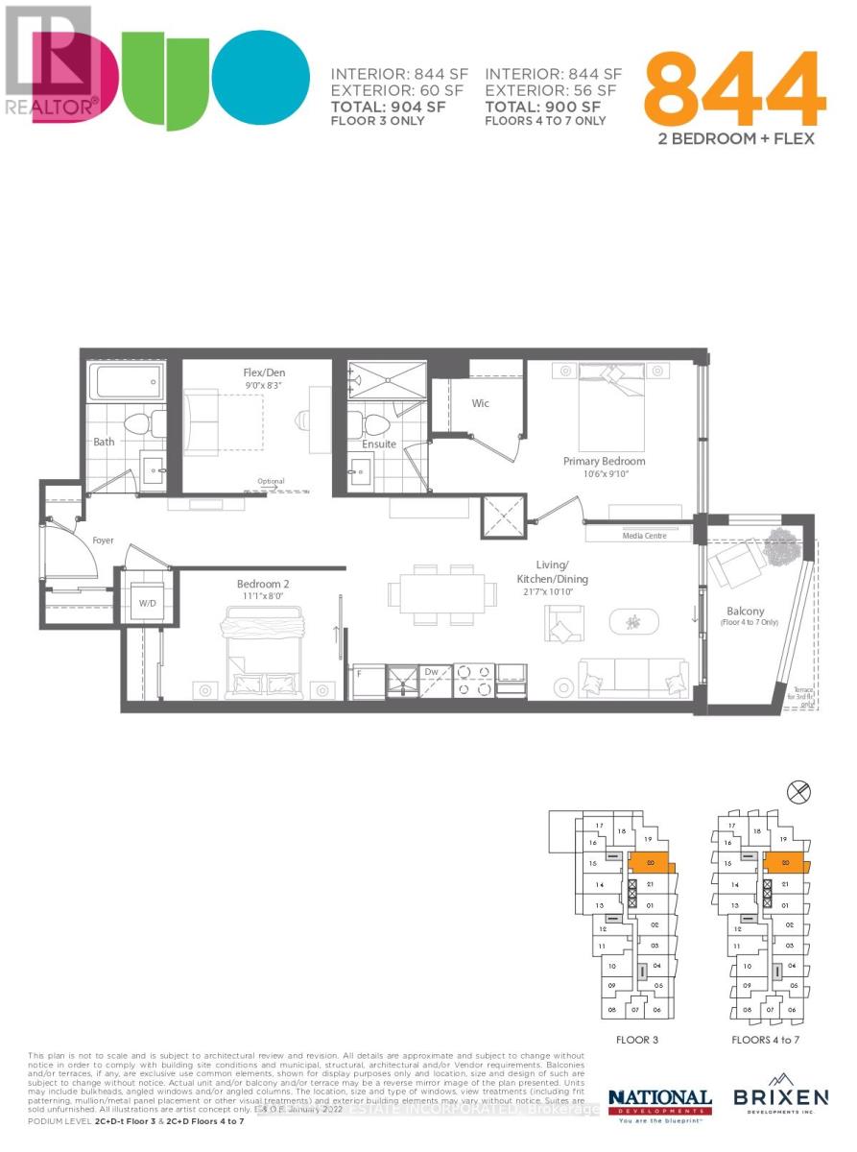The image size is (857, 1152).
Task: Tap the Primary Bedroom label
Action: pyautogui.click(x=604, y=461)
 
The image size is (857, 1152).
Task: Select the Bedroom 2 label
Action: pyautogui.click(x=262, y=584)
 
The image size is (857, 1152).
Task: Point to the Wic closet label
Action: pyautogui.click(x=481, y=403)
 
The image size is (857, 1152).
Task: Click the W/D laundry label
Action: pyautogui.click(x=148, y=604)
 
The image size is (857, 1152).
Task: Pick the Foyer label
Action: pyautogui.click(x=103, y=540)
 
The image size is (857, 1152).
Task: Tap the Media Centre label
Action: pyautogui.click(x=639, y=534)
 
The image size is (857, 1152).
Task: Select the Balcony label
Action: pyautogui.click(x=745, y=612)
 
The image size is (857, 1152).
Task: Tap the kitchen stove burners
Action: pyautogui.click(x=474, y=680)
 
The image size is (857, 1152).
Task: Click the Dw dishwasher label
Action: pyautogui.click(x=432, y=673)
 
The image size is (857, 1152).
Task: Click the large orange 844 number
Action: pyautogui.click(x=734, y=88)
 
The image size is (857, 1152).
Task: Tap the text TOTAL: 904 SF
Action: pyautogui.click(x=389, y=107)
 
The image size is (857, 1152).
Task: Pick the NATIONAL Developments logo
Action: pyautogui.click(x=660, y=1102)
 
